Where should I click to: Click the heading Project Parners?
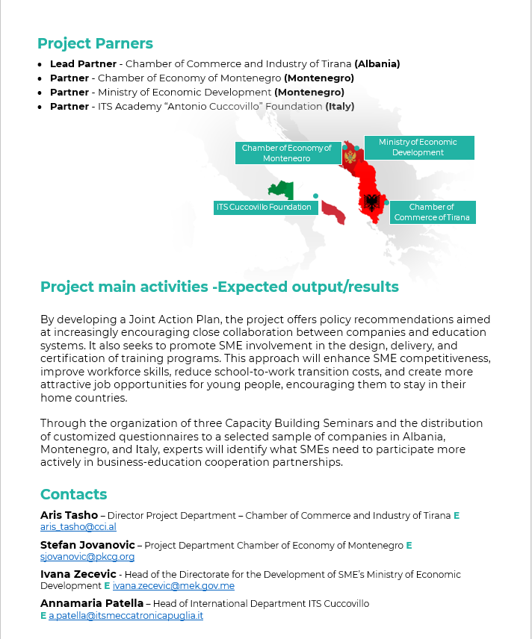(95, 43)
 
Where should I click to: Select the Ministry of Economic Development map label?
(418, 147)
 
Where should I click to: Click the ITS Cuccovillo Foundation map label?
(264, 207)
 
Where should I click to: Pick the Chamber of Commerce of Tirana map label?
(432, 212)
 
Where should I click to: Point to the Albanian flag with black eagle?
(371, 202)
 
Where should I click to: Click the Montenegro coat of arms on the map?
(350, 156)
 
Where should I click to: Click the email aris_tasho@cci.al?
(78, 526)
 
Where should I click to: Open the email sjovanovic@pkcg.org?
(87, 556)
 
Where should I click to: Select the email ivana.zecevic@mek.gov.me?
(173, 586)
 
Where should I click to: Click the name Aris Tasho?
(69, 515)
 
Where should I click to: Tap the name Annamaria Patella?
(92, 603)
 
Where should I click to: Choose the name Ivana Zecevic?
(78, 574)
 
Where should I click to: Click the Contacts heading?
(73, 494)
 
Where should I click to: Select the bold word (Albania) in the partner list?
(377, 64)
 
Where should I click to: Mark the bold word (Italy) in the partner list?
(339, 107)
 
